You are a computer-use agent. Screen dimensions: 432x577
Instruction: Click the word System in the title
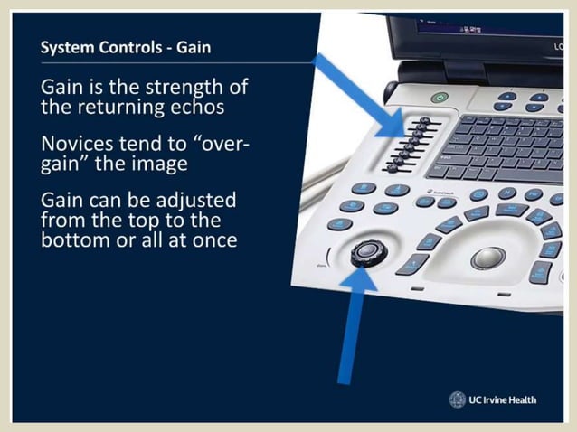click(x=67, y=47)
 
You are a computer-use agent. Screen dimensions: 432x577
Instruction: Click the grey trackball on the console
click(x=487, y=258)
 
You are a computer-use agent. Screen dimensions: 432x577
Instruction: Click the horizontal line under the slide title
click(x=163, y=63)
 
